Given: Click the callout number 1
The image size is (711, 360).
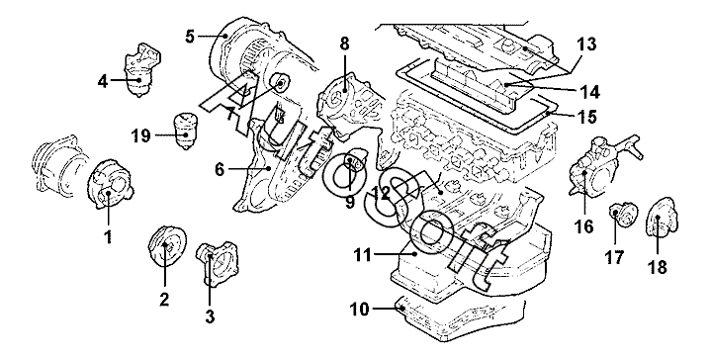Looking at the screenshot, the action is (x=109, y=236).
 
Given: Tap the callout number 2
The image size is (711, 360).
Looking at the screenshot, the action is (x=164, y=299).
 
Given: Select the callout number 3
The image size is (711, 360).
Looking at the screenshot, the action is (x=210, y=316).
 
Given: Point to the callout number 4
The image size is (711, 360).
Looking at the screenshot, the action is (x=103, y=82).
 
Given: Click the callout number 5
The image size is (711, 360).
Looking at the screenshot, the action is (x=190, y=36).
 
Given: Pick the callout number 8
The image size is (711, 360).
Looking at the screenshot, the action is (x=344, y=44).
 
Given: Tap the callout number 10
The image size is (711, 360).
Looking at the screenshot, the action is (x=360, y=310).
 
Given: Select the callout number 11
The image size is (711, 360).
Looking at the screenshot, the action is (x=363, y=255).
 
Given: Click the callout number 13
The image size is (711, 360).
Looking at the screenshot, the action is (x=586, y=45).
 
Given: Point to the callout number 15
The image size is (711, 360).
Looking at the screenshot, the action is (x=587, y=116).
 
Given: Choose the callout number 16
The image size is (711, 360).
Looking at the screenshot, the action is (x=584, y=226).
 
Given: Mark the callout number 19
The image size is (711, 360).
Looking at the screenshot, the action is (x=141, y=135).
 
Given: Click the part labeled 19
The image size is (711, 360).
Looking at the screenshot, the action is (x=186, y=131).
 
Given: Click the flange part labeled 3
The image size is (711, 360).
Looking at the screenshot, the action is (x=218, y=263).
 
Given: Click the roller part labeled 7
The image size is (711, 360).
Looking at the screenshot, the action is (x=279, y=84).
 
